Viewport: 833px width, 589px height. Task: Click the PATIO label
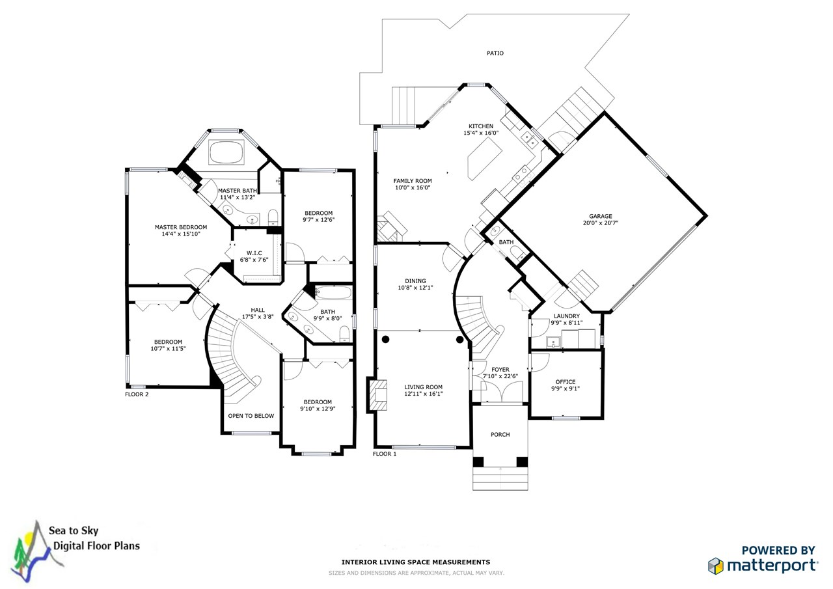tap(495, 53)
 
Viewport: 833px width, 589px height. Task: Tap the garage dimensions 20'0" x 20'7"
tap(601, 223)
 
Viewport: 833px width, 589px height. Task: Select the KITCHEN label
tap(481, 126)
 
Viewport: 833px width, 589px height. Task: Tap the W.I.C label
tap(254, 253)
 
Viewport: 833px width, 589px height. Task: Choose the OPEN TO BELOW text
tap(251, 416)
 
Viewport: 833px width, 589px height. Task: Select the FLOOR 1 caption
tap(385, 454)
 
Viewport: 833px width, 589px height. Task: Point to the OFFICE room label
tap(565, 382)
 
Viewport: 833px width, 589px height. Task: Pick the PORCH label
tap(500, 435)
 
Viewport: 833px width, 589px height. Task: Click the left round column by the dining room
tap(385, 339)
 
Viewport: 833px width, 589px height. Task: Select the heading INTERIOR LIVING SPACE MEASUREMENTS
tap(416, 562)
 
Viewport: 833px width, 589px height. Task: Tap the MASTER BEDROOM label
tap(180, 227)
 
